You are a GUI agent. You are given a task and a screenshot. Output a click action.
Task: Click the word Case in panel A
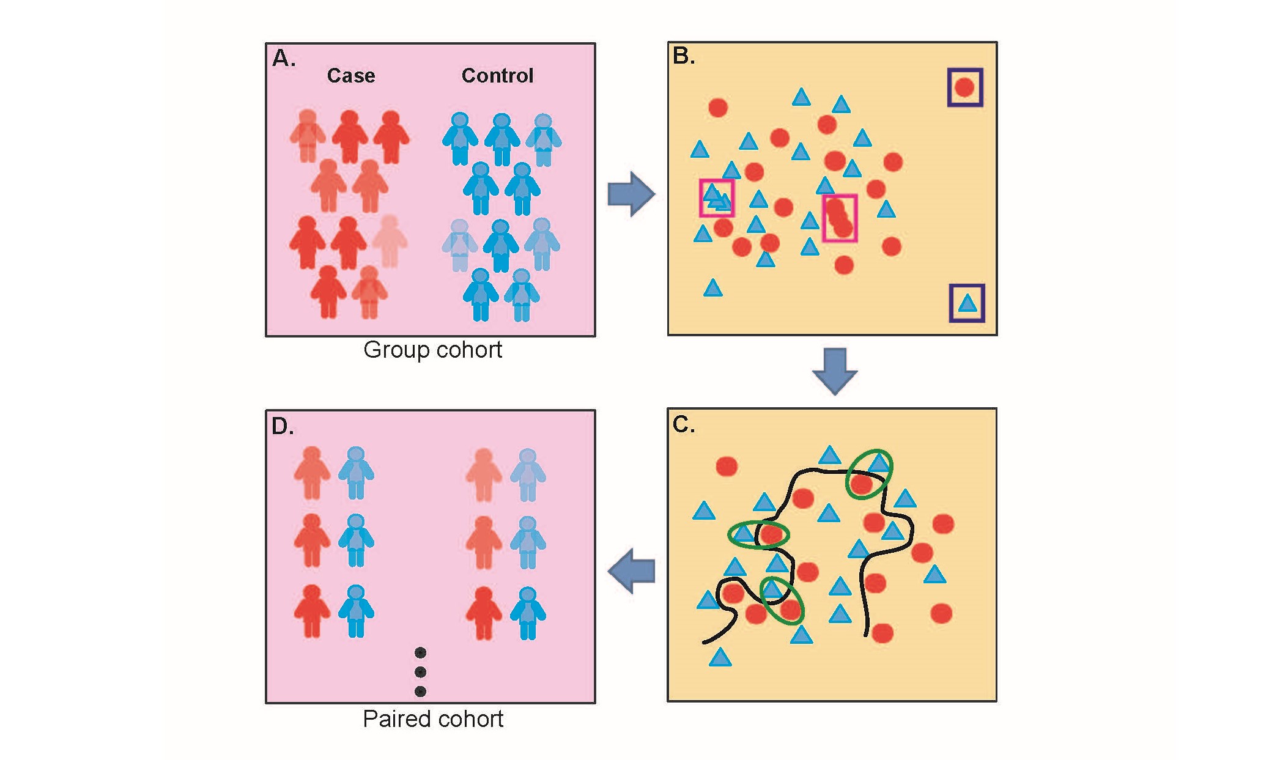point(350,75)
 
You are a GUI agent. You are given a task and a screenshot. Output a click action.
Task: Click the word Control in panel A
point(497,75)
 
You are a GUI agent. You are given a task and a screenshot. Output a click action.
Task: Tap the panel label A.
point(284,59)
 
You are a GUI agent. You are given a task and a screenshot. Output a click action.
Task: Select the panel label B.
point(684,56)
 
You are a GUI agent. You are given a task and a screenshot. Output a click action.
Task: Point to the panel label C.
point(683,424)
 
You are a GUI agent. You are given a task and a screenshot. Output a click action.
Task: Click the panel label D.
point(283,426)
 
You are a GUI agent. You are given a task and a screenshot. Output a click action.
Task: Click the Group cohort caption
point(432,350)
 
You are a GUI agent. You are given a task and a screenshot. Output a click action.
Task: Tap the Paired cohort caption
point(432,719)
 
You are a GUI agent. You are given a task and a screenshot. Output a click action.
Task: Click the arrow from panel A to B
point(631,194)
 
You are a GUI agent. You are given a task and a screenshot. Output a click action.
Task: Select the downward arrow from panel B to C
point(835,371)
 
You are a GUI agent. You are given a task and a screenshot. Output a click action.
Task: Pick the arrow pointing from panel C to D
point(632,571)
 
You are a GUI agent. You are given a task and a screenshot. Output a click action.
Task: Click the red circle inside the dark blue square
point(964,87)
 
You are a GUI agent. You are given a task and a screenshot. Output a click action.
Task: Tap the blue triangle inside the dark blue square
point(967,303)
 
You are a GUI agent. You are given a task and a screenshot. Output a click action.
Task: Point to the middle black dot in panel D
point(420,672)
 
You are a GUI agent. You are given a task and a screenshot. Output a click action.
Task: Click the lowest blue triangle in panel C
point(720,658)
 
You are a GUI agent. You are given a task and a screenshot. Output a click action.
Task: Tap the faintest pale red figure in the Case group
point(389,240)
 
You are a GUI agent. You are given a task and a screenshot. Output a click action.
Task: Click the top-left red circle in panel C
point(727,466)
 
